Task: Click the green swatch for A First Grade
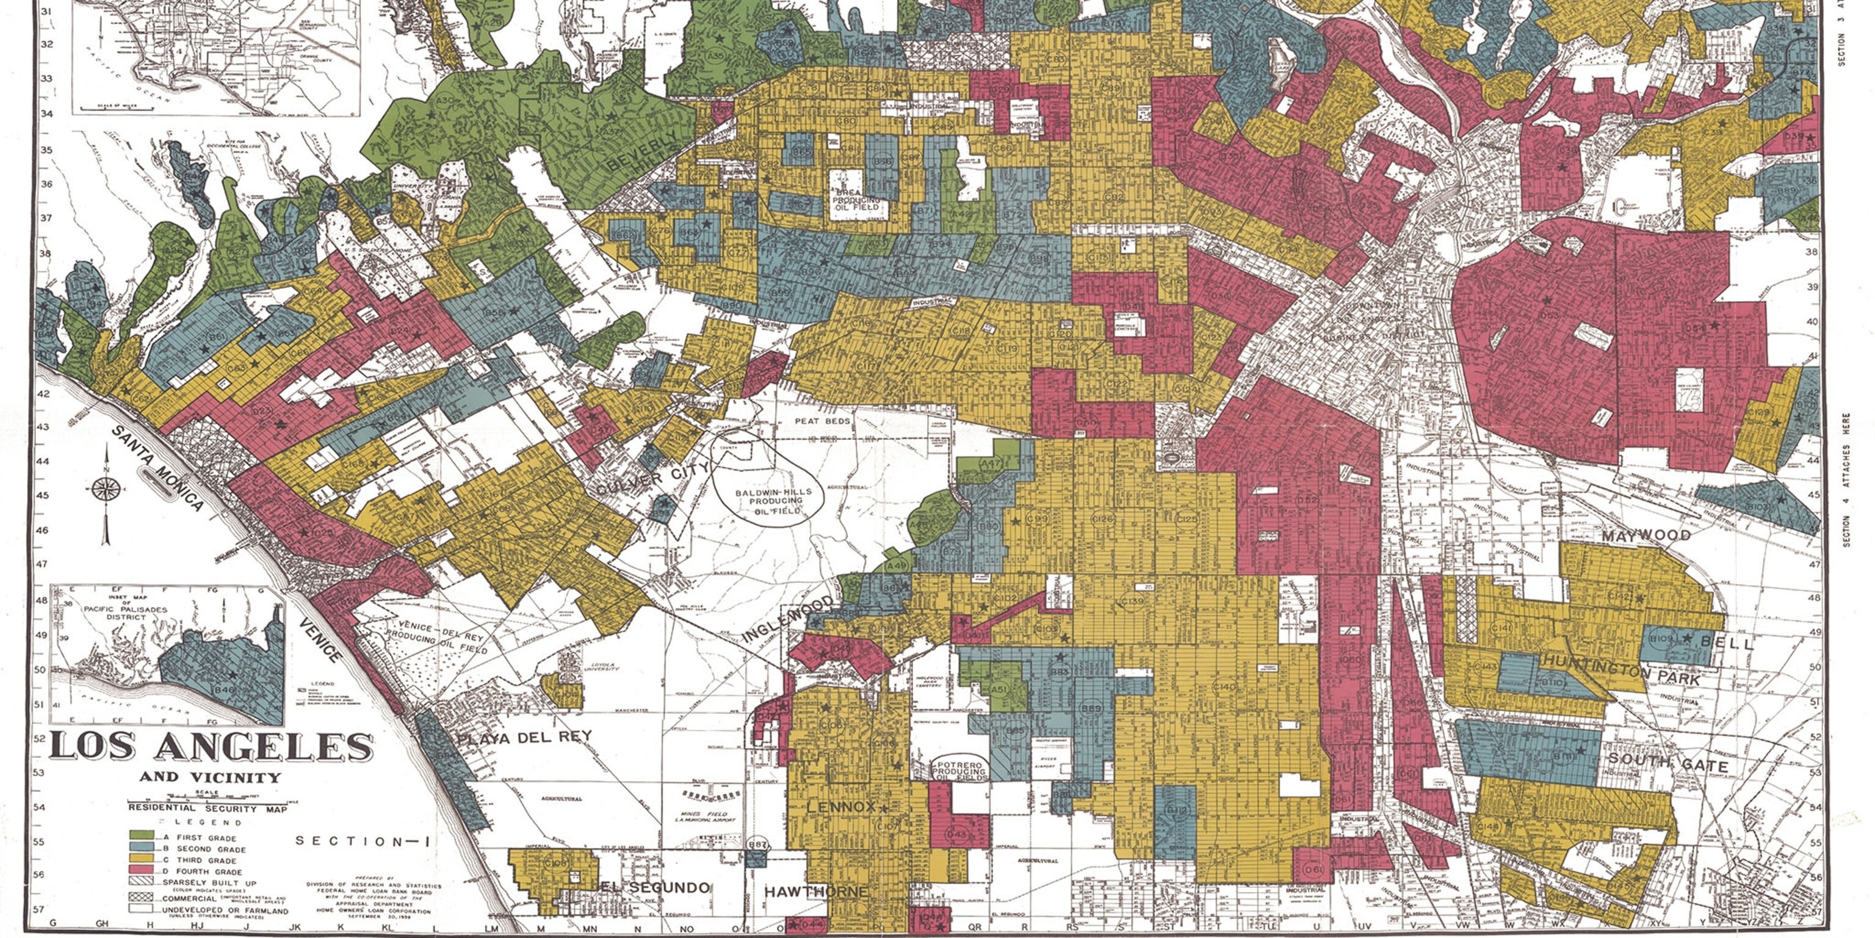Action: [141, 835]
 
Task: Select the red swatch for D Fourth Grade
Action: [141, 869]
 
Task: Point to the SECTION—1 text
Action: [363, 841]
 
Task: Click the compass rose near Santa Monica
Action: [106, 489]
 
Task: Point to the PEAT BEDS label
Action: [822, 421]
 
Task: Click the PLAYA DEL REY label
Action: [524, 738]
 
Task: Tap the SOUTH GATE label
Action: [1667, 764]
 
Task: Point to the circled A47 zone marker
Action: [991, 464]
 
